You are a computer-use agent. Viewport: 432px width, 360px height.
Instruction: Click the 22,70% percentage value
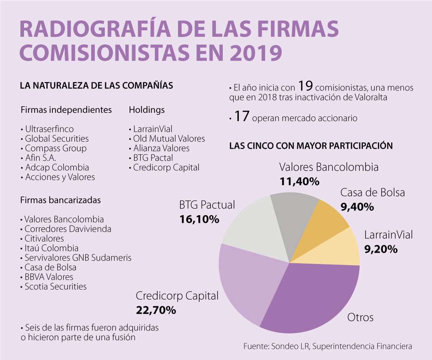pyautogui.click(x=156, y=310)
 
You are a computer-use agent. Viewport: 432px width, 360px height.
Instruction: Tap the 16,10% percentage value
pyautogui.click(x=199, y=219)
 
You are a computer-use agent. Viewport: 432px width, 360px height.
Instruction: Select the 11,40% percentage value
pyautogui.click(x=299, y=182)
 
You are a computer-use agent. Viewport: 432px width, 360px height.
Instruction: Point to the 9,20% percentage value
pyautogui.click(x=381, y=250)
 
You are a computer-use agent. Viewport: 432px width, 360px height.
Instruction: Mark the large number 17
pyautogui.click(x=242, y=117)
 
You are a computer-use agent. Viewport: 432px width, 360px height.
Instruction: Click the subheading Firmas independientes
pyautogui.click(x=66, y=110)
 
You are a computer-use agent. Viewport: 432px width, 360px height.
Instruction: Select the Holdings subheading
pyautogui.click(x=146, y=110)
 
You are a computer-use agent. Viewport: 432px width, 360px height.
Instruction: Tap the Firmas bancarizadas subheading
pyautogui.click(x=60, y=200)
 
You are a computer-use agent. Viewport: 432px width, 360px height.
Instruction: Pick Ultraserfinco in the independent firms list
pyautogui.click(x=49, y=129)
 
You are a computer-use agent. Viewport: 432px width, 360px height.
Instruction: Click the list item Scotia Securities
pyautogui.click(x=55, y=286)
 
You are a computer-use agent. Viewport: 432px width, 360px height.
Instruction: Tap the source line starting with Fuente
pyautogui.click(x=328, y=346)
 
